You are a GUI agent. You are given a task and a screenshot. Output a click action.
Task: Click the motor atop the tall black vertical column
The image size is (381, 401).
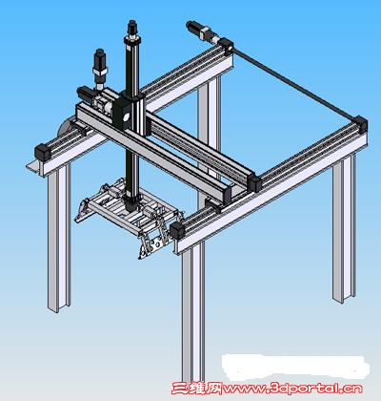pos(132,28)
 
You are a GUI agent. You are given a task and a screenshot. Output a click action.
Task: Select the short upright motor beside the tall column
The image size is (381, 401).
pos(100,65)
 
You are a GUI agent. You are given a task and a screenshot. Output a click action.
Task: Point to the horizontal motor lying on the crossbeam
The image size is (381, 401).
pos(87,94)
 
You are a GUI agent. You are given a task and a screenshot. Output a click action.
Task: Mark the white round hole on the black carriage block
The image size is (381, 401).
pos(126,117)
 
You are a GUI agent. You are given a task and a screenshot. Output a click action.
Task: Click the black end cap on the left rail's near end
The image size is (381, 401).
pos(43,152)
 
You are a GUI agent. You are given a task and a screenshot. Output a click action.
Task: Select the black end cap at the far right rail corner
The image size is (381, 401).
pos(360,124)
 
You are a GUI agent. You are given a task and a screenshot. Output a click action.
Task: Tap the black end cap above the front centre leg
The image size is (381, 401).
pos(177,231)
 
